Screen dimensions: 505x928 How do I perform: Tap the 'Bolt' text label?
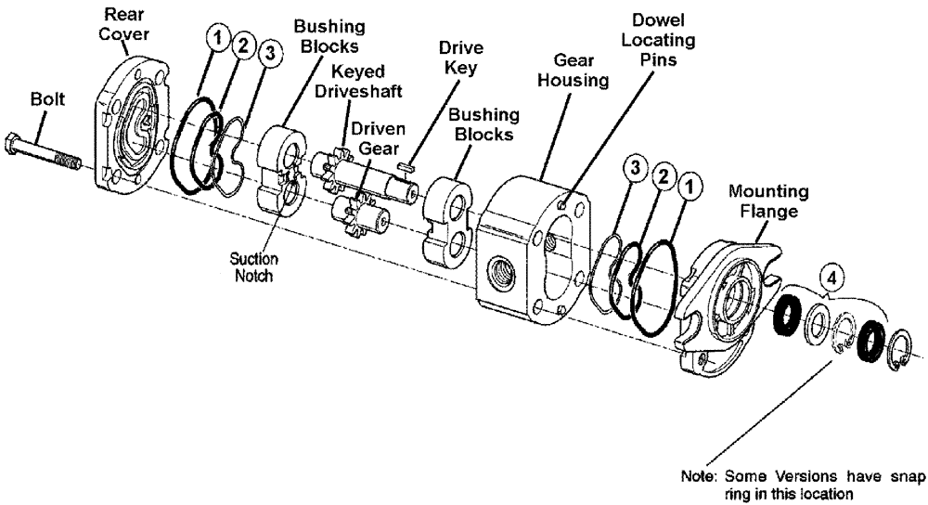(x=46, y=99)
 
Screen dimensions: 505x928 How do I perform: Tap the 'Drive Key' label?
(x=460, y=58)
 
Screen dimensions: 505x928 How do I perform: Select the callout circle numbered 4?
(x=832, y=278)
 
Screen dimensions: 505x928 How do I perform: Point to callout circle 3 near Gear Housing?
(x=636, y=168)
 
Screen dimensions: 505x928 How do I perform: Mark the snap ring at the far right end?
(x=902, y=350)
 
